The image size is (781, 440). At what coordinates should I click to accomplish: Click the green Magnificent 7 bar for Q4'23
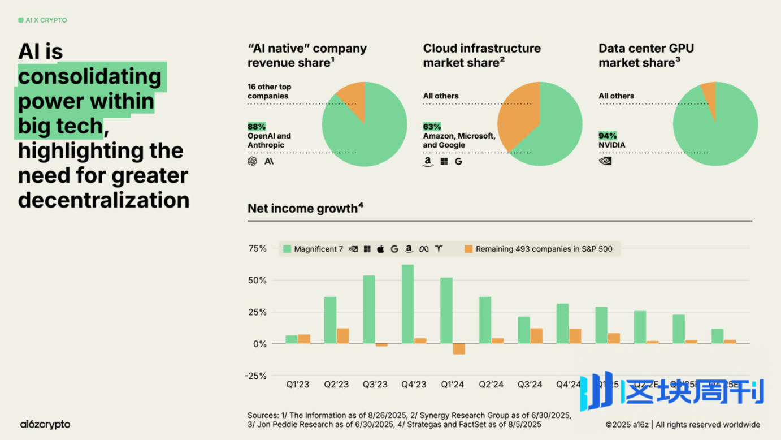407,304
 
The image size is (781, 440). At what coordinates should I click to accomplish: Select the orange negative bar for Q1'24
459,349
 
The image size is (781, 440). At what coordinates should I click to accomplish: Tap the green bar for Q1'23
291,339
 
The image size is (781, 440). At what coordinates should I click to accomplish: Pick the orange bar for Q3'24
536,336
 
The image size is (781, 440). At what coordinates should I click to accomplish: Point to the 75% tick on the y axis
257,248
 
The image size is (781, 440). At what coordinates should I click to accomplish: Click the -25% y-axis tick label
256,376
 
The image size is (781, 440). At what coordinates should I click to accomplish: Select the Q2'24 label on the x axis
491,385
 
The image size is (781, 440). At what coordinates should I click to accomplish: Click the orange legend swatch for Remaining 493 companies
468,249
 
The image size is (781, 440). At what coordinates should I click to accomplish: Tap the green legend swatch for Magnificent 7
287,249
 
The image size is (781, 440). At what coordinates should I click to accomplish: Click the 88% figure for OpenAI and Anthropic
257,127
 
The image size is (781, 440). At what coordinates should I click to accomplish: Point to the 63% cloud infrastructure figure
432,127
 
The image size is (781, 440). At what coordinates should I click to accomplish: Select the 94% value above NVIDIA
608,136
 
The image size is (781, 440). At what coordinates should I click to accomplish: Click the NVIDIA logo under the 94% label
605,161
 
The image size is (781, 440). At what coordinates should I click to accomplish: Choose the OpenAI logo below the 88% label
252,161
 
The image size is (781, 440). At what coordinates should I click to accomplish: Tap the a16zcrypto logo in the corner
45,424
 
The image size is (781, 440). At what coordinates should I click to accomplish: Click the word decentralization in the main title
103,200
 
